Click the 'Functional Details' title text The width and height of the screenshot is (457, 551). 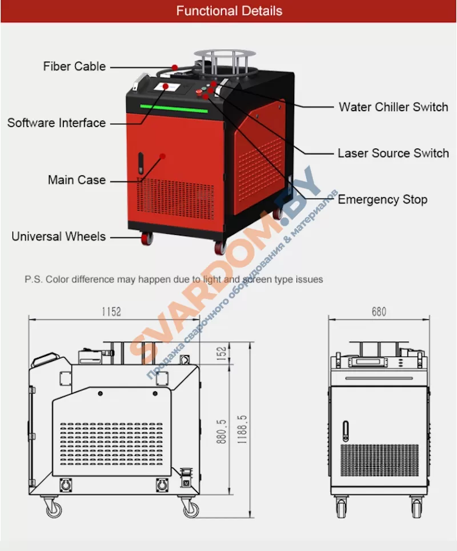click(x=228, y=11)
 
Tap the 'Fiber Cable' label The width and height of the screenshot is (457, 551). click(x=74, y=66)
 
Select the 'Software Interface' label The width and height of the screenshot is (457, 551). click(x=56, y=123)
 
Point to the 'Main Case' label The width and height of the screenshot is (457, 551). click(x=77, y=180)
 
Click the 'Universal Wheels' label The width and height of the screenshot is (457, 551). click(x=58, y=236)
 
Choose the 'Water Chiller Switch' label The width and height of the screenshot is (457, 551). click(x=393, y=107)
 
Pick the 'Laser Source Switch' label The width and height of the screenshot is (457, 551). click(x=393, y=153)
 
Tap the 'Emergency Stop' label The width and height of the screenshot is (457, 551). click(x=382, y=200)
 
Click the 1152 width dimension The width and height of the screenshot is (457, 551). click(x=111, y=311)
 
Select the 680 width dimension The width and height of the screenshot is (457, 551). click(x=378, y=311)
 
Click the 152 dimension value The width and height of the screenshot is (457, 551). click(x=222, y=353)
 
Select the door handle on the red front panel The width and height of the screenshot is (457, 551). click(x=140, y=164)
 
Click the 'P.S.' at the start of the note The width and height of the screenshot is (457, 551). click(x=33, y=279)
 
